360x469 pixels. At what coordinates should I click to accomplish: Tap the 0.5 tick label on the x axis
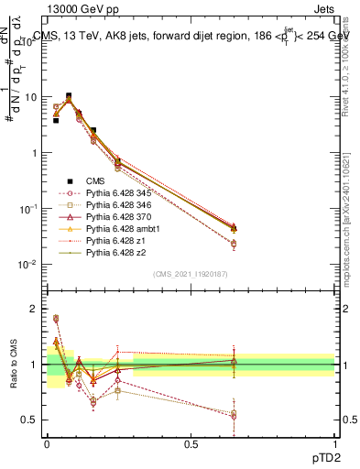191,444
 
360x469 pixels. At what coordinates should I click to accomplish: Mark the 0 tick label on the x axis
47,444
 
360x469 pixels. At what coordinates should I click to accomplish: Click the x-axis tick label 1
334,444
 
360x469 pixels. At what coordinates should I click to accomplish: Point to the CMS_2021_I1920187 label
191,274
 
